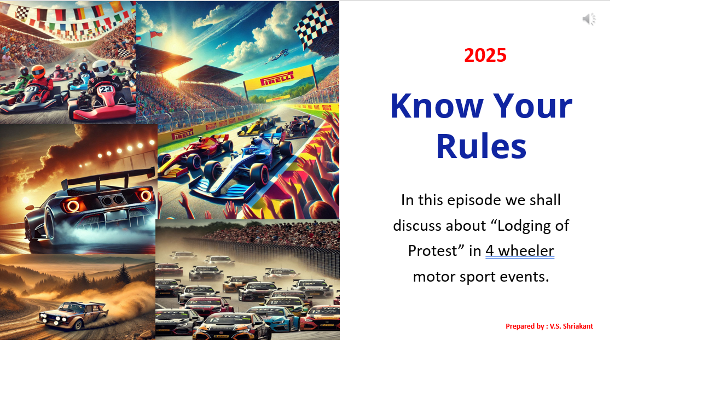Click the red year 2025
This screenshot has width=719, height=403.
coord(485,55)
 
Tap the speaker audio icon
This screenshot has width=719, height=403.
coord(589,19)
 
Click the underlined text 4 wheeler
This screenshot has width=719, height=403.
coord(520,251)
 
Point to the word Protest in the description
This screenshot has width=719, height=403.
coord(432,251)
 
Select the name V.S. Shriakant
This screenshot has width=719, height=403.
coord(571,326)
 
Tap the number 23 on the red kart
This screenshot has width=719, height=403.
coord(106,89)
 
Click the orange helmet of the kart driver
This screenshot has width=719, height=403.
coord(37,71)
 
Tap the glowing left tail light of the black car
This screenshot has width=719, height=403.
coord(72,206)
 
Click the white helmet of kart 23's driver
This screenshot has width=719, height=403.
coord(101,68)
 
